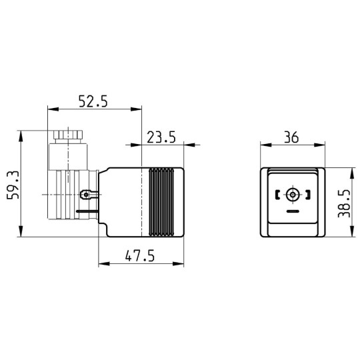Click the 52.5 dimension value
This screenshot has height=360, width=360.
(93, 101)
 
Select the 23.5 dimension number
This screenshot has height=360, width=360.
(161, 137)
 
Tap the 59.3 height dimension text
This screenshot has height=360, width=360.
(13, 185)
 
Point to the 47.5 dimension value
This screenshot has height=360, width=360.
(140, 255)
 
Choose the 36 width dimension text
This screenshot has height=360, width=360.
(291, 137)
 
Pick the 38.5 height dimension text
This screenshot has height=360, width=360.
(344, 203)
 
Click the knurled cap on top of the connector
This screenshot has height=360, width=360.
(68, 134)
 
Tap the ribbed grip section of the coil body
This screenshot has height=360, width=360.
(161, 202)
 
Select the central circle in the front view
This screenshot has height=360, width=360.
(293, 195)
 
